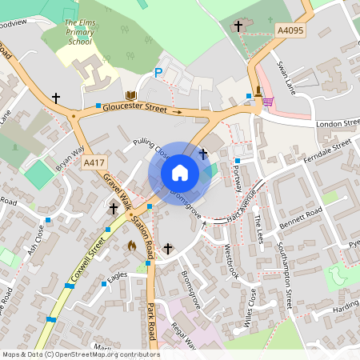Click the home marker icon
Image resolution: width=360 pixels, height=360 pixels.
pyautogui.click(x=180, y=172)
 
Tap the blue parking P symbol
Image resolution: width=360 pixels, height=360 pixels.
pyautogui.click(x=158, y=73)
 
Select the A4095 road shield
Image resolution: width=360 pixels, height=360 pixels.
pyautogui.click(x=290, y=30)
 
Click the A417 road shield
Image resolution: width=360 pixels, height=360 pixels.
pyautogui.click(x=94, y=162)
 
